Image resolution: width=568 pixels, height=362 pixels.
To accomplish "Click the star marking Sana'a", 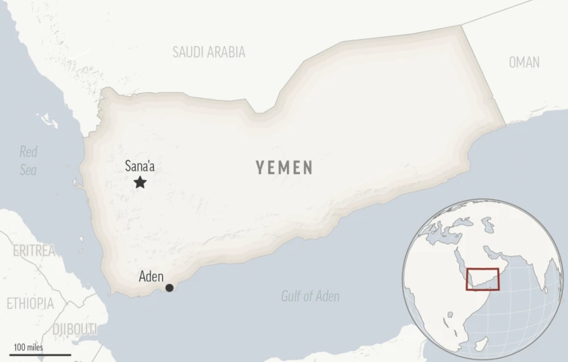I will point(140,183).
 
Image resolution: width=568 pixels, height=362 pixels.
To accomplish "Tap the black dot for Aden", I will point(169,288).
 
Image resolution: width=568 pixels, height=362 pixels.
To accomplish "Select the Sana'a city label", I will point(139,166).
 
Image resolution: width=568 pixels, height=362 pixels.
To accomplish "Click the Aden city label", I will point(151,277).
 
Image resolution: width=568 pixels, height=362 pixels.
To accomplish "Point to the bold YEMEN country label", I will point(284,167).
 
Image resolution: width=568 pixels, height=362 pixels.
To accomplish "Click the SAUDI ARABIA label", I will point(209,52).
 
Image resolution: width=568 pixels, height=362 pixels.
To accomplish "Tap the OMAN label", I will point(524,62).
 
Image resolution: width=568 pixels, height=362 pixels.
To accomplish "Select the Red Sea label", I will point(28,161).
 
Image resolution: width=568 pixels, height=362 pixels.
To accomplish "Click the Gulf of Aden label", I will point(310,296).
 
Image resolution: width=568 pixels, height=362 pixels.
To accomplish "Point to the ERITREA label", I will point(34,250).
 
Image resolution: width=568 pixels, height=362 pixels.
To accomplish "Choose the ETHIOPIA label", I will point(30,303).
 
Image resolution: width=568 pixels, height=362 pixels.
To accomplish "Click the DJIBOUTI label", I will point(74,329).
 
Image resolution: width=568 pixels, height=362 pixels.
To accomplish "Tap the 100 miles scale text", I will point(29,347).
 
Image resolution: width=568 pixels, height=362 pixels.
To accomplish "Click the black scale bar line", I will point(42,354).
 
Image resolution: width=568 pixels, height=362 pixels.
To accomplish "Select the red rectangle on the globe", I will point(483,279).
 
